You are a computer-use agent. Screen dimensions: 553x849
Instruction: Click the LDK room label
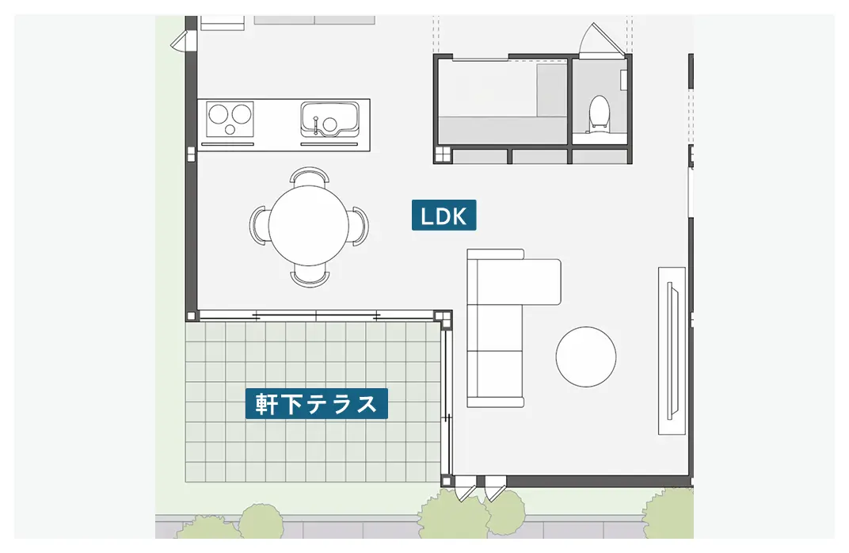coord(444,215)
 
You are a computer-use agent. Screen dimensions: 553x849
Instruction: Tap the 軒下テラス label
coord(316,404)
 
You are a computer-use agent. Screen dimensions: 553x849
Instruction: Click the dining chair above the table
coord(309,175)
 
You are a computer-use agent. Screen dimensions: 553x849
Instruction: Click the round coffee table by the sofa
coord(586,357)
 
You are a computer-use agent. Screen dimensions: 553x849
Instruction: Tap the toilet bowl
coord(599,113)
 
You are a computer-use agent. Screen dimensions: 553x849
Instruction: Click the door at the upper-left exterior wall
coord(181,40)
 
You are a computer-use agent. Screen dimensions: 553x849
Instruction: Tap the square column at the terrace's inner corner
coord(445,318)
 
